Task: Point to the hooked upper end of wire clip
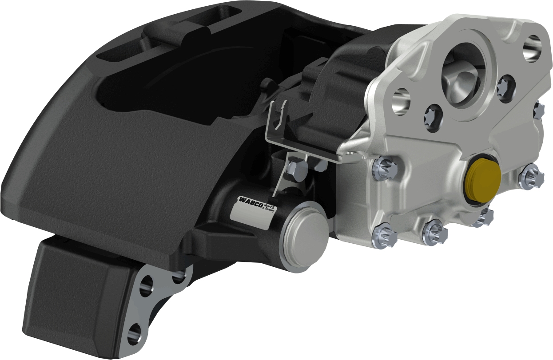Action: click(x=278, y=113)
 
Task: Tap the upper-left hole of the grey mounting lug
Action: click(x=145, y=285)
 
